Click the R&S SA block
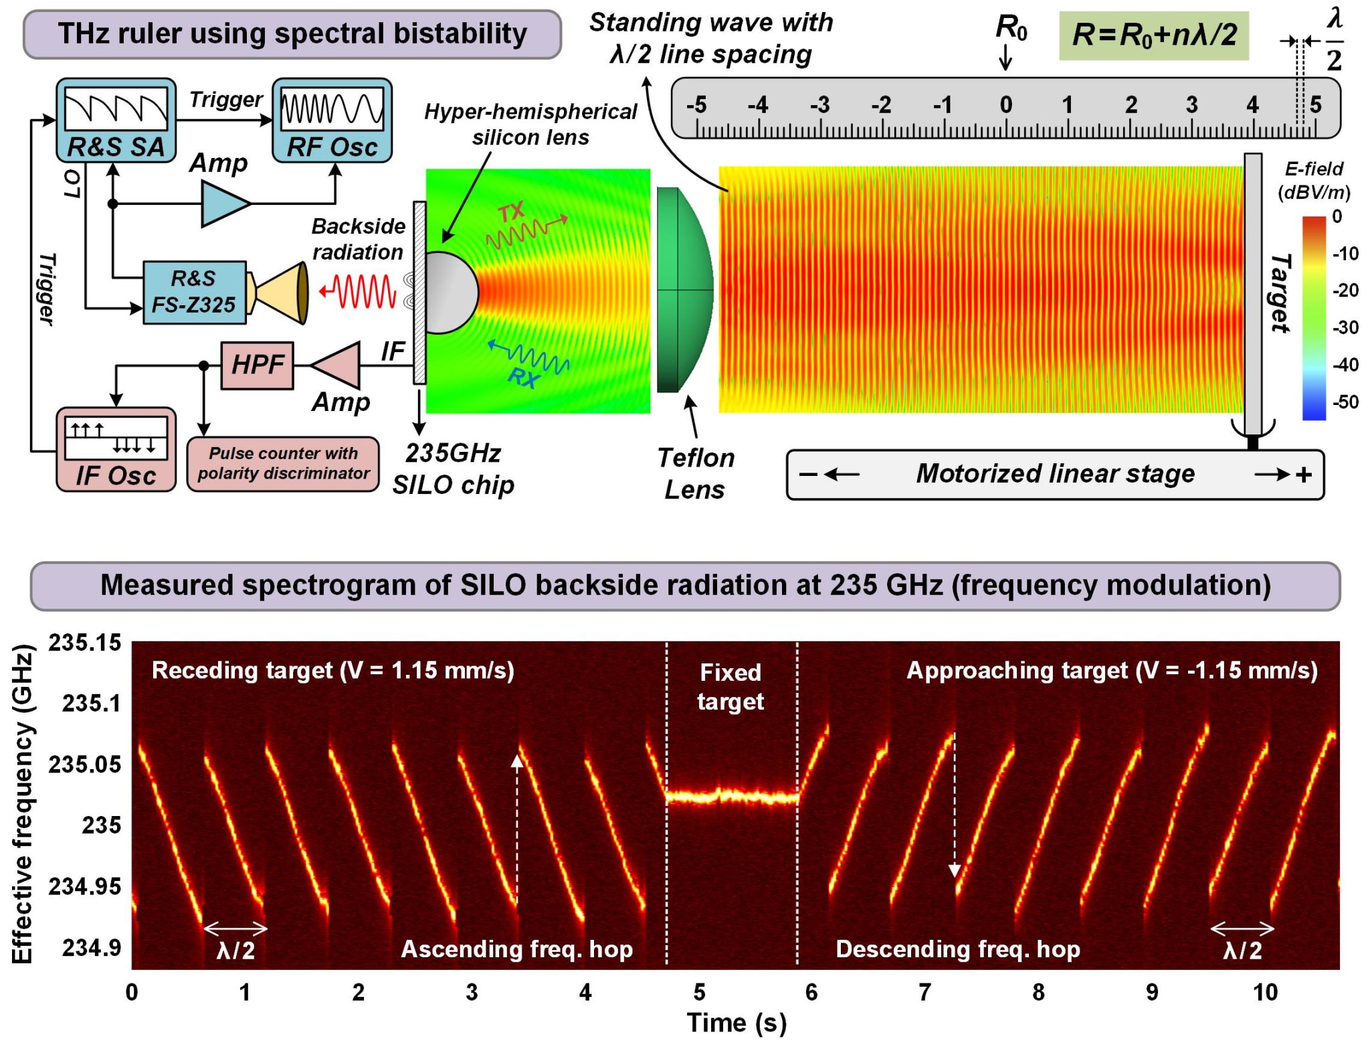point(116,120)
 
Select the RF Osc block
point(332,120)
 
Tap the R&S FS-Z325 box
point(194,293)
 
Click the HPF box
point(257,366)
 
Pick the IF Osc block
point(116,450)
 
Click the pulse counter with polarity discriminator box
point(283,463)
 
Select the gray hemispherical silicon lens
point(451,293)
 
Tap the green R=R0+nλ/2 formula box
point(1153,35)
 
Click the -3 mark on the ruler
point(819,105)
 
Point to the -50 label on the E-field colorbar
point(1345,402)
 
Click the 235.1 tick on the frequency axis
point(92,704)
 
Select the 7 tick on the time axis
point(924,992)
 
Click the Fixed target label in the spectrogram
point(730,687)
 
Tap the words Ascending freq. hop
point(516,949)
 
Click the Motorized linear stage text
point(1055,474)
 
